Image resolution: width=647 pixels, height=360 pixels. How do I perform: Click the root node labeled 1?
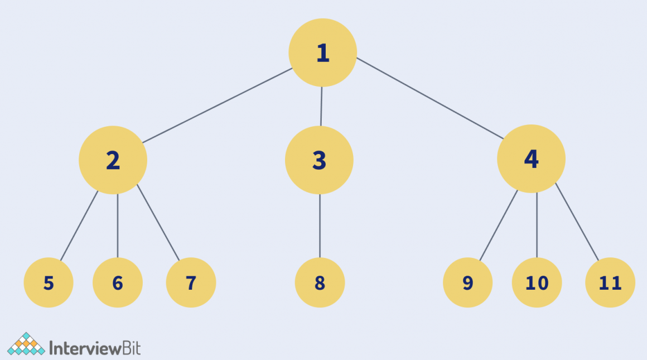point(322,52)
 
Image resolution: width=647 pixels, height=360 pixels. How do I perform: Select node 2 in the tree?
point(113,160)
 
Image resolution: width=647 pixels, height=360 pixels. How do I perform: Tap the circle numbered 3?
point(319,160)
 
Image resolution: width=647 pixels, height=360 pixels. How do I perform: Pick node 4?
point(531,159)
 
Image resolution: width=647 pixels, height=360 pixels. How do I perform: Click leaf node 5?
point(49,283)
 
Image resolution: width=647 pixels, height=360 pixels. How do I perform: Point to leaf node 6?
point(118,283)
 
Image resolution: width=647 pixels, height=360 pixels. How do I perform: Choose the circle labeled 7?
point(191,283)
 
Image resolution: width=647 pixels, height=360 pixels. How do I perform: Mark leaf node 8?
point(320,283)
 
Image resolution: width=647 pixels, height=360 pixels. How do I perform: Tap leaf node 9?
point(467,283)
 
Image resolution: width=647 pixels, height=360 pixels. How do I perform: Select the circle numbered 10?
point(537,283)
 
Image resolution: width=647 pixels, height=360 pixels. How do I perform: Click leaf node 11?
point(610,283)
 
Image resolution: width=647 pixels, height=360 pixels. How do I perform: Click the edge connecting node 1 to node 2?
point(218,105)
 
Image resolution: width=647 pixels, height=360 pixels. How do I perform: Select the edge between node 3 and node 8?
point(320,225)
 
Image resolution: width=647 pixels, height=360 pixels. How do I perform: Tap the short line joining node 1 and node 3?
point(321,106)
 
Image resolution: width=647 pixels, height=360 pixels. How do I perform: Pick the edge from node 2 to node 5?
point(79,225)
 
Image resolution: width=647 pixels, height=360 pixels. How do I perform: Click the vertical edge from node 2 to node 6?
point(118,225)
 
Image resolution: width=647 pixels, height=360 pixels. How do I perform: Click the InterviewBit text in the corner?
point(95,348)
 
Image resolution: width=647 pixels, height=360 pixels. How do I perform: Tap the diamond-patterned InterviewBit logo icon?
point(26,344)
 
